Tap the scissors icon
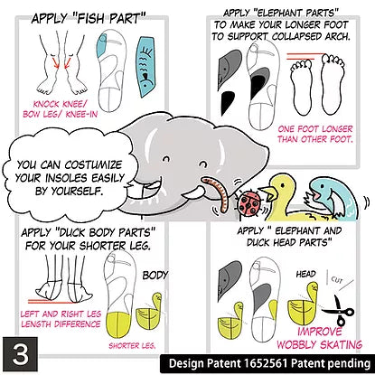[339, 310]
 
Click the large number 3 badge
[21, 354]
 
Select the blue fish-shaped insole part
[145, 66]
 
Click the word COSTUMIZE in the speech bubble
[93, 164]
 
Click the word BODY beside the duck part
[155, 275]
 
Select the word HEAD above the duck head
[306, 274]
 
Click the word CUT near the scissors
[337, 280]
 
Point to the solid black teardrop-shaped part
[227, 102]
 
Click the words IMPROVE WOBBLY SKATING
[319, 338]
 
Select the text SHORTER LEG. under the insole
[132, 345]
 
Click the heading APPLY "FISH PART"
[89, 19]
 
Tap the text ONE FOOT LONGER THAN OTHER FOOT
[314, 134]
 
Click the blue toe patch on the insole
[101, 46]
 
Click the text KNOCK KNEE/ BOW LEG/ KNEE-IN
[61, 109]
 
